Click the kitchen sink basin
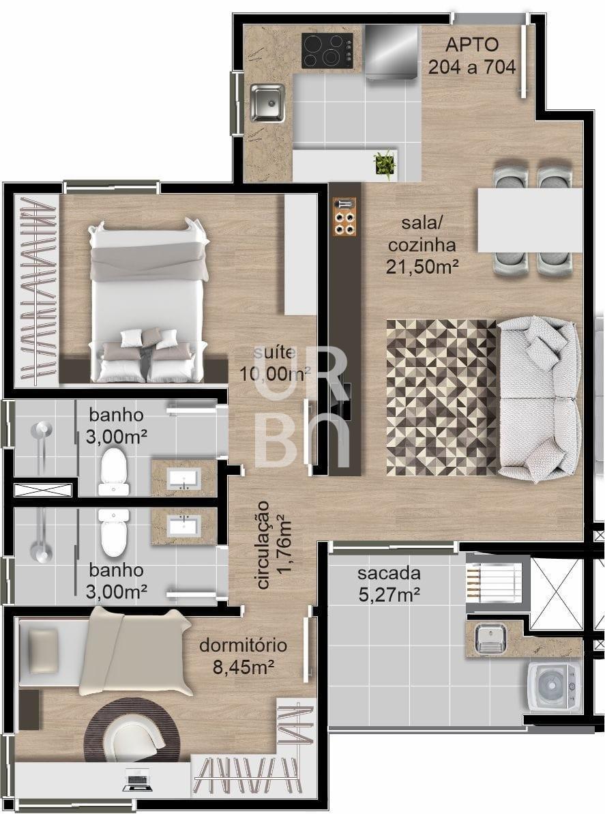coord(267,102)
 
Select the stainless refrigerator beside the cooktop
coord(392,53)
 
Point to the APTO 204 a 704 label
coord(471,55)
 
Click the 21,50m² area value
coord(422,266)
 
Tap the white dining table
coord(529,220)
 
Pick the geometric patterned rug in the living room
coord(442,397)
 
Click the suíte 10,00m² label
coord(274,363)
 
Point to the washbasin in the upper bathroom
coord(183,478)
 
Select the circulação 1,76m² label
coord(272,544)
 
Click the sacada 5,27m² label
coord(389,584)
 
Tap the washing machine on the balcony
coord(554,685)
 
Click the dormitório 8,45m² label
coord(244,656)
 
